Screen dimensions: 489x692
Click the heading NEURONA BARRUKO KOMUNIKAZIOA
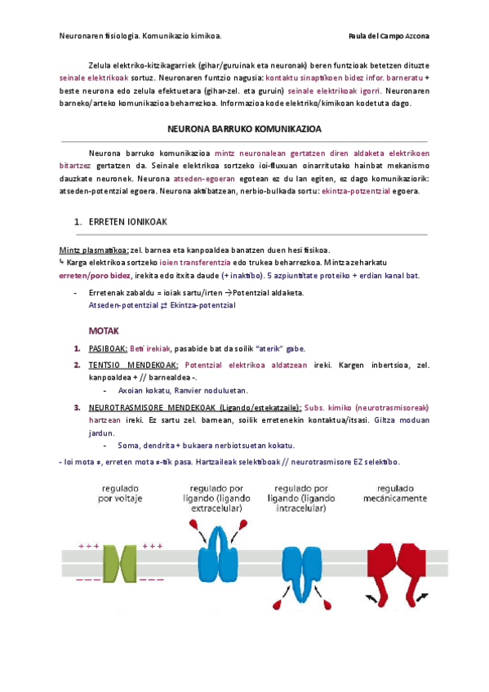[244, 129]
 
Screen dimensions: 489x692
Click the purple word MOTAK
[104, 331]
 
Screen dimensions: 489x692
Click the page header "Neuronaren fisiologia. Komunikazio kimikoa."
[140, 36]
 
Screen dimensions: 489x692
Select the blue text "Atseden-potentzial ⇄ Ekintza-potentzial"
[162, 304]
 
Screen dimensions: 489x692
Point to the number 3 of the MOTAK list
[76, 407]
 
